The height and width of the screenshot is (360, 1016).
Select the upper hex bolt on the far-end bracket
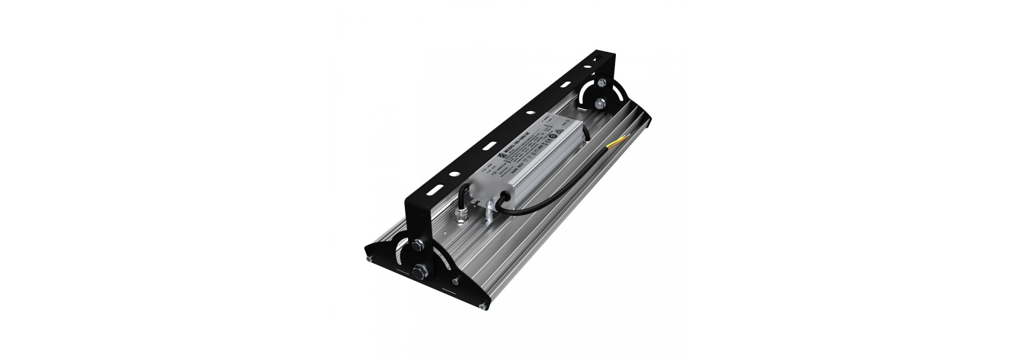pos(601,84)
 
